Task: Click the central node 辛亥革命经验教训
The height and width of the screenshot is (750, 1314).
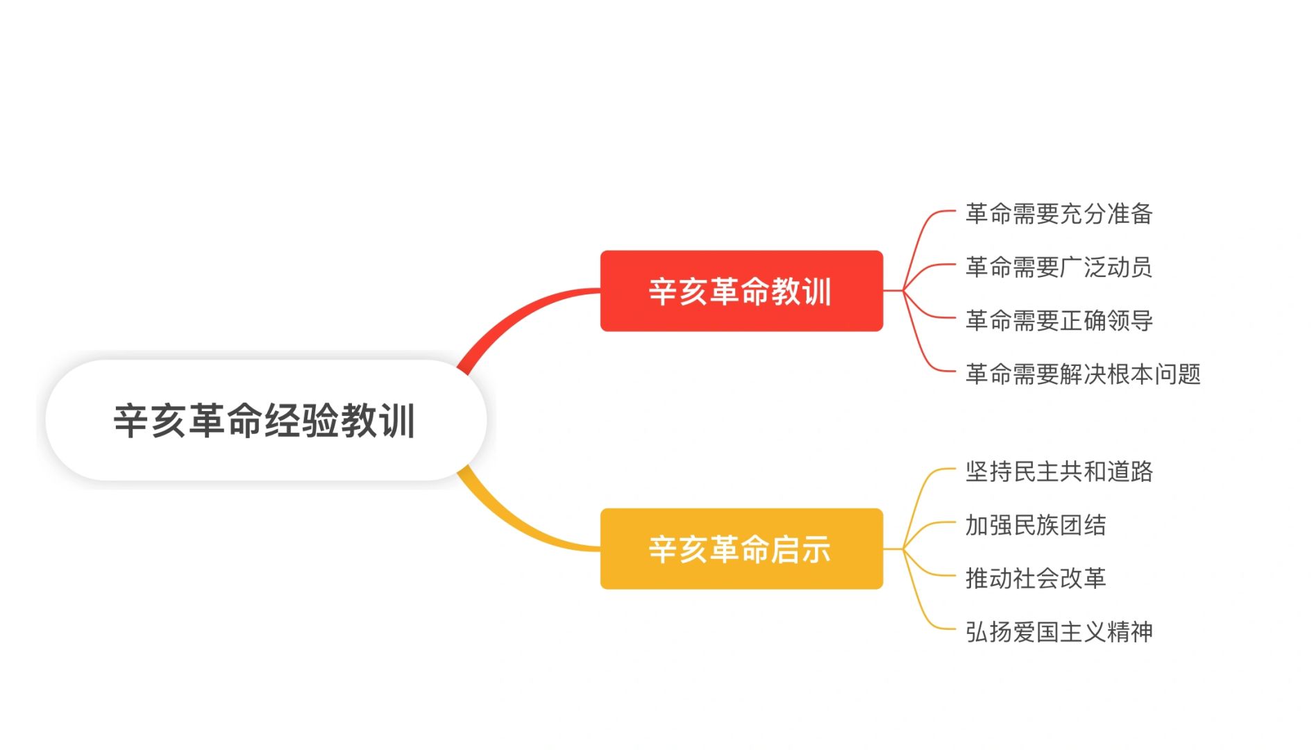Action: point(266,419)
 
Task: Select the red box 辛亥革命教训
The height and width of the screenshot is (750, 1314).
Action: point(741,291)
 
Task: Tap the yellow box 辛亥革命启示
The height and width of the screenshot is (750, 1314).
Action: point(741,549)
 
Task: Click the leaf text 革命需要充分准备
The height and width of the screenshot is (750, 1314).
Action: point(1059,213)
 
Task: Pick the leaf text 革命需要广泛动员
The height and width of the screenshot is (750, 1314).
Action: point(1059,267)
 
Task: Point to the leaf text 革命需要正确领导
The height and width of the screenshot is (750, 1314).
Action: point(1059,320)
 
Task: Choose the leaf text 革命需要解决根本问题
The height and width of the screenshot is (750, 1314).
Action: point(1083,374)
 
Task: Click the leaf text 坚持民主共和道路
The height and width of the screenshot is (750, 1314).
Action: point(1059,472)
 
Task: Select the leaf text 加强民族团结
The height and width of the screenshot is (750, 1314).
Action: point(1036,525)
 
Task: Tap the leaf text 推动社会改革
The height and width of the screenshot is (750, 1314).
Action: point(1036,578)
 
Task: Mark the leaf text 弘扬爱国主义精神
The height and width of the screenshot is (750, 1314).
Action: point(1059,631)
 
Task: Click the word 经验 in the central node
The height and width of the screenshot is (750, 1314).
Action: point(303,420)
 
